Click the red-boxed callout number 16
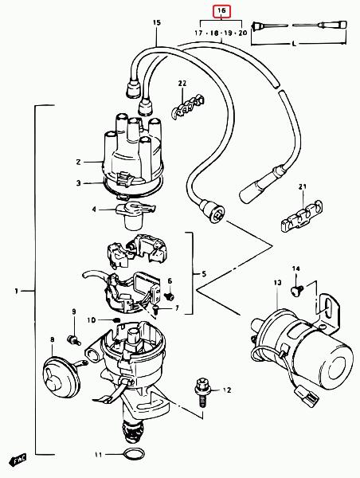pyautogui.click(x=221, y=11)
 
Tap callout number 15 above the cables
pyautogui.click(x=157, y=22)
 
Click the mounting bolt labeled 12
pyautogui.click(x=202, y=392)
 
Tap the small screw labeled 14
pyautogui.click(x=297, y=290)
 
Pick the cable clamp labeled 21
pyautogui.click(x=301, y=216)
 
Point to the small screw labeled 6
pyautogui.click(x=169, y=296)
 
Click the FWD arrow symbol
pyautogui.click(x=19, y=460)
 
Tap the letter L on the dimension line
pyautogui.click(x=294, y=44)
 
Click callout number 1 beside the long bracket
pyautogui.click(x=17, y=291)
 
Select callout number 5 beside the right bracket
pyautogui.click(x=204, y=273)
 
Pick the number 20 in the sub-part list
pyautogui.click(x=242, y=33)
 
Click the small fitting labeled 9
pyautogui.click(x=73, y=340)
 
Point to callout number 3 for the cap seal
pyautogui.click(x=79, y=183)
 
